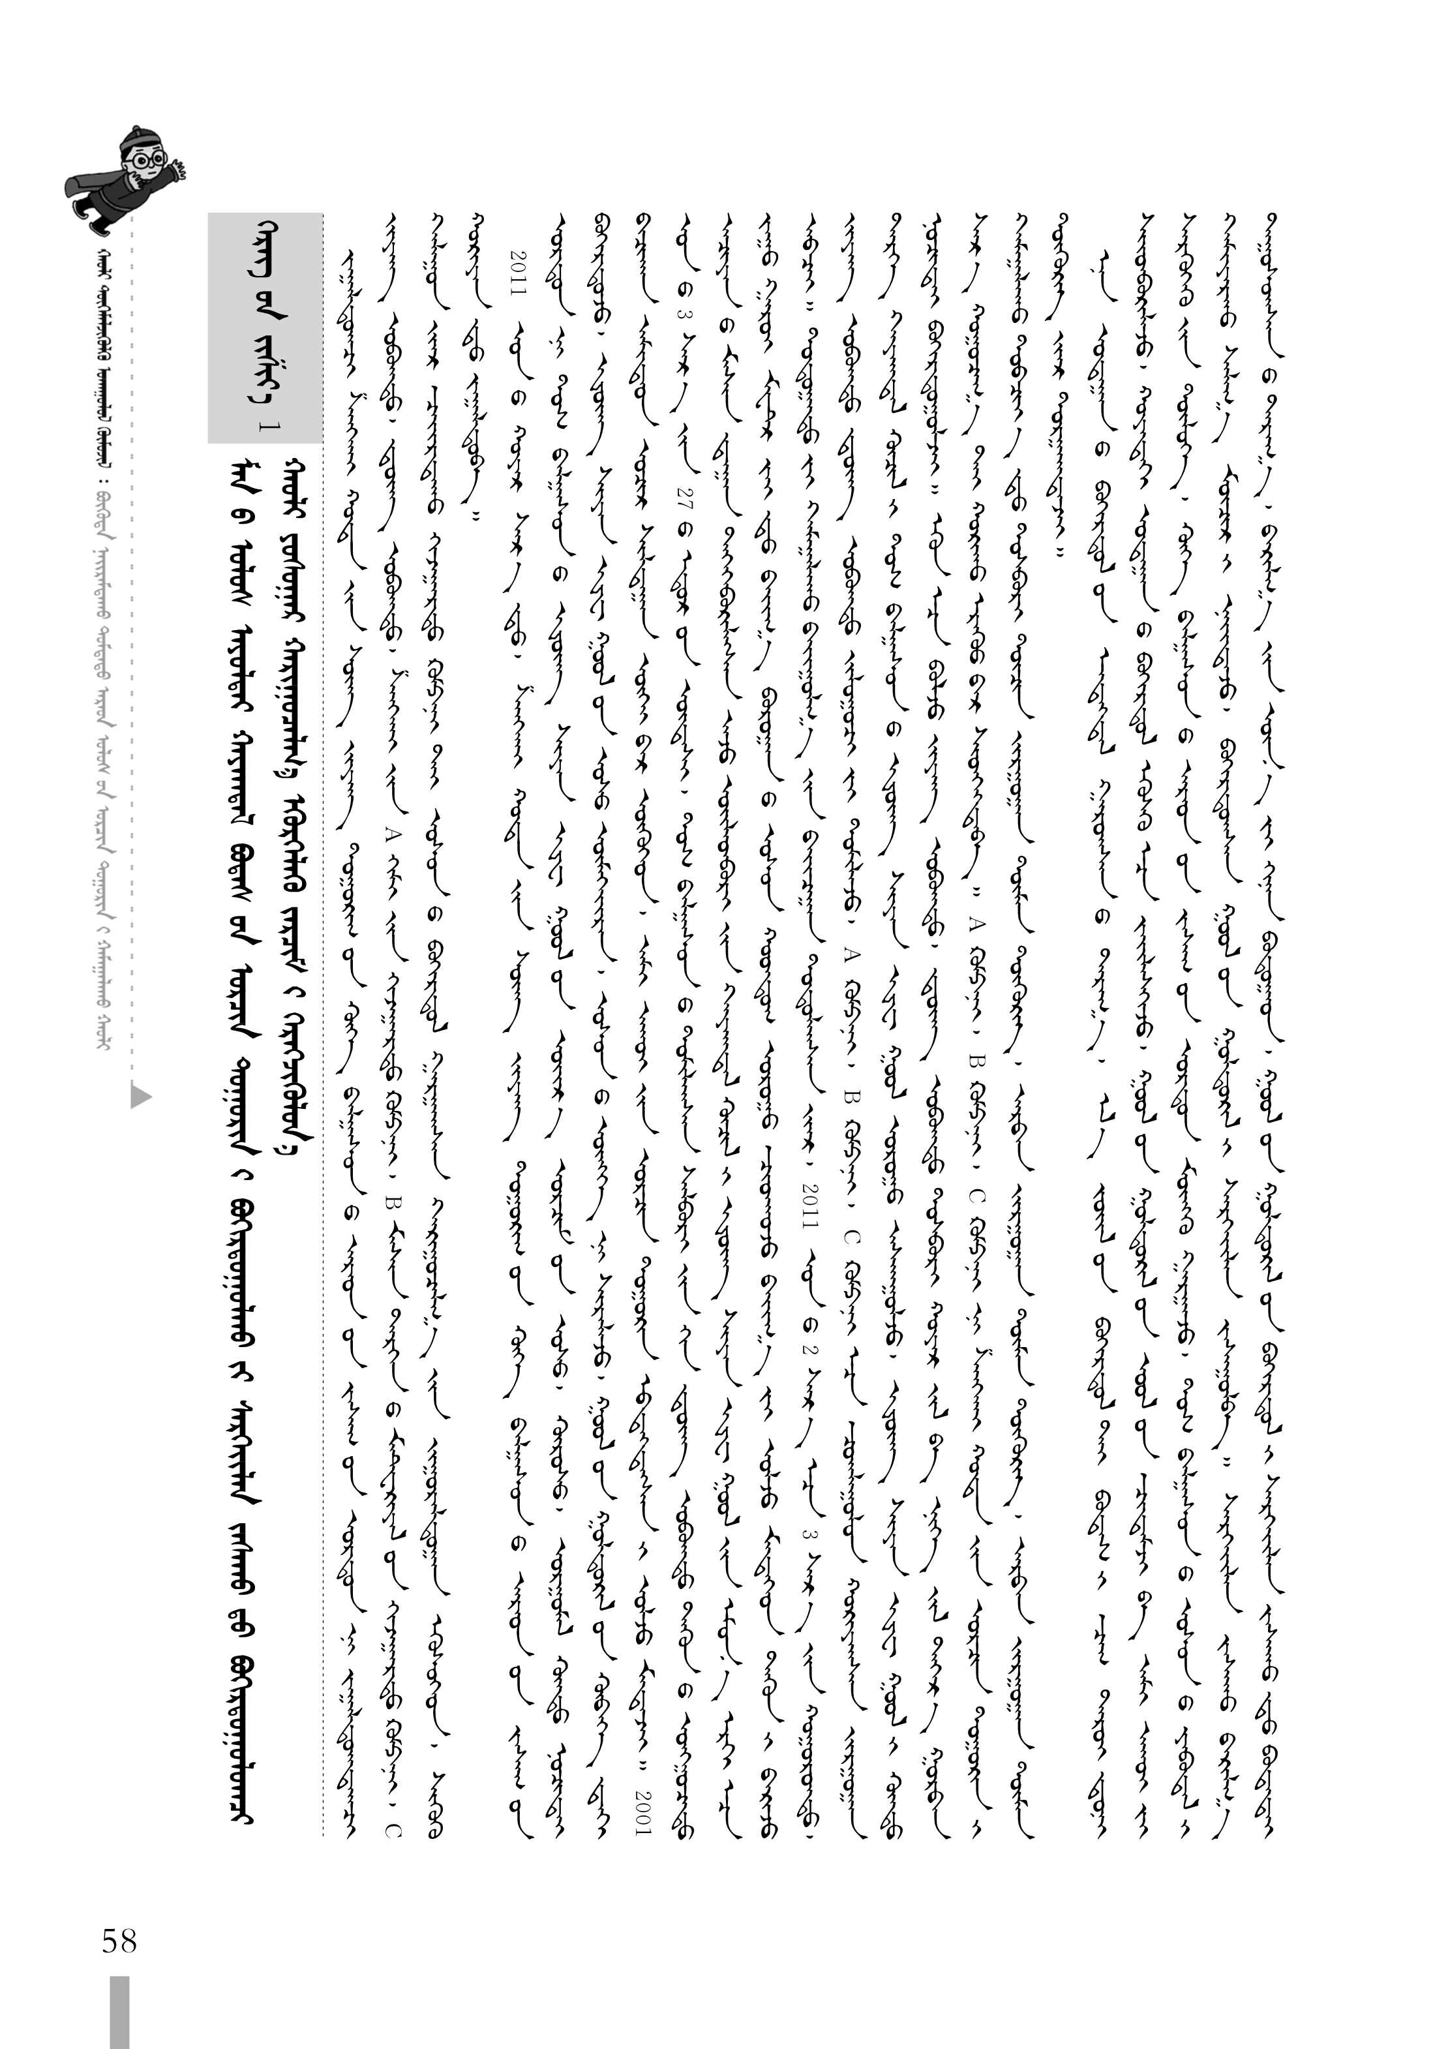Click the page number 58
coord(119,1940)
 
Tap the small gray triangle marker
coord(140,1095)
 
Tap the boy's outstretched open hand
coord(179,168)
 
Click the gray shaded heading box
coord(264,327)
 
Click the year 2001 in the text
coord(642,1812)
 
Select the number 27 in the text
coord(684,496)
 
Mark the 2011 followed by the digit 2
coord(810,1205)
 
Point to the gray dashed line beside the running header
coord(132,625)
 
